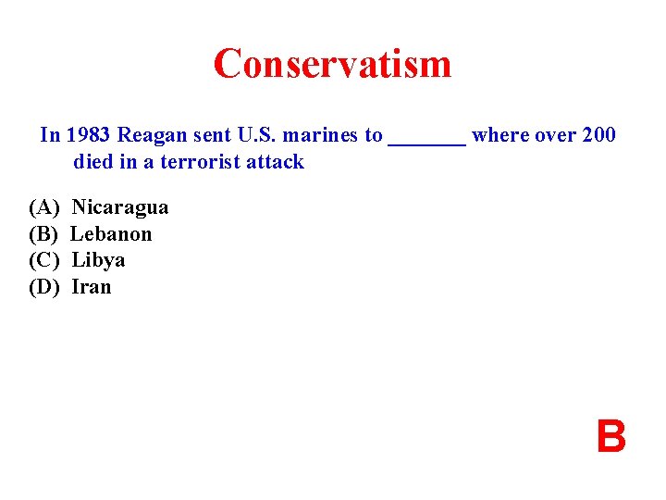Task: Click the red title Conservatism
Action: (332, 64)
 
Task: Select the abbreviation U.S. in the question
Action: (257, 135)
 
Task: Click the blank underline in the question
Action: (426, 139)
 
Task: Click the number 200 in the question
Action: (598, 135)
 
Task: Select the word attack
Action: (275, 162)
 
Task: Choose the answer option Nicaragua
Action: (120, 207)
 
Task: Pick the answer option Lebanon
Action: (112, 234)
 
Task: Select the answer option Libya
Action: (98, 260)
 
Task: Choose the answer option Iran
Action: (91, 287)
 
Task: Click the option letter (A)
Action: (43, 207)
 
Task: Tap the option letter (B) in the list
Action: (43, 234)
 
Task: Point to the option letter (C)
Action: (43, 260)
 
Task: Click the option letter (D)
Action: (43, 287)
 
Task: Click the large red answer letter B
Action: (610, 437)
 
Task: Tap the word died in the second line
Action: (93, 162)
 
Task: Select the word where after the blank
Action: (499, 135)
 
